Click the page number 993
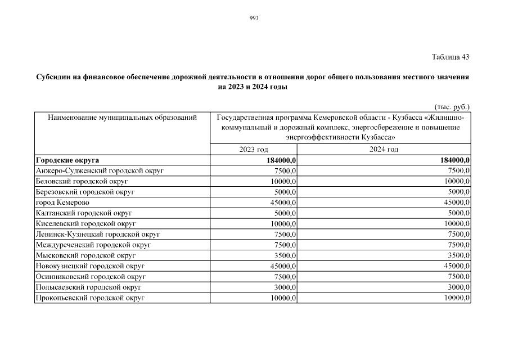pos(254,18)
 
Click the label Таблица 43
pos(450,57)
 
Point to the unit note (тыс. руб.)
pos(452,106)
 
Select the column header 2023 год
pos(254,149)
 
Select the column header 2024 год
pos(384,149)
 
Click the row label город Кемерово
pos(62,202)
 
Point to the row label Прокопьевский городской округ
pos(89,298)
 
